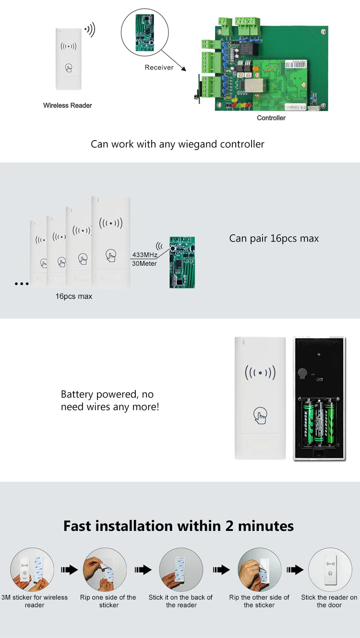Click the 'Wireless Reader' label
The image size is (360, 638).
pos(68,106)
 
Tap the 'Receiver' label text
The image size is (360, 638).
pos(159,68)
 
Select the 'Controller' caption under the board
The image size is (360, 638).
pos(271,118)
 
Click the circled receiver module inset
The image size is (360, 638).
pos(142,32)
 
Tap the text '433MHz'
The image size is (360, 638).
pos(144,255)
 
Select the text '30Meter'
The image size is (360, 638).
pos(144,264)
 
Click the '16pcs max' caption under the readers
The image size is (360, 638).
pos(74,296)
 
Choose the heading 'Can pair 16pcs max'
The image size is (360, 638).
pos(274,238)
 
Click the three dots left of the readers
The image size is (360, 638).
pos(22,284)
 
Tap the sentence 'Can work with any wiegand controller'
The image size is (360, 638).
pos(178,144)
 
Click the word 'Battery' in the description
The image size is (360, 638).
pos(78,394)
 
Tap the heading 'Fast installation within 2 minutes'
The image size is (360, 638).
pos(179,526)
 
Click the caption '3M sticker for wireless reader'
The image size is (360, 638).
pos(35,601)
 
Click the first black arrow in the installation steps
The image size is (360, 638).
pos(70,570)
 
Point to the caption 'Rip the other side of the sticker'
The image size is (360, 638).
pos(259,601)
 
